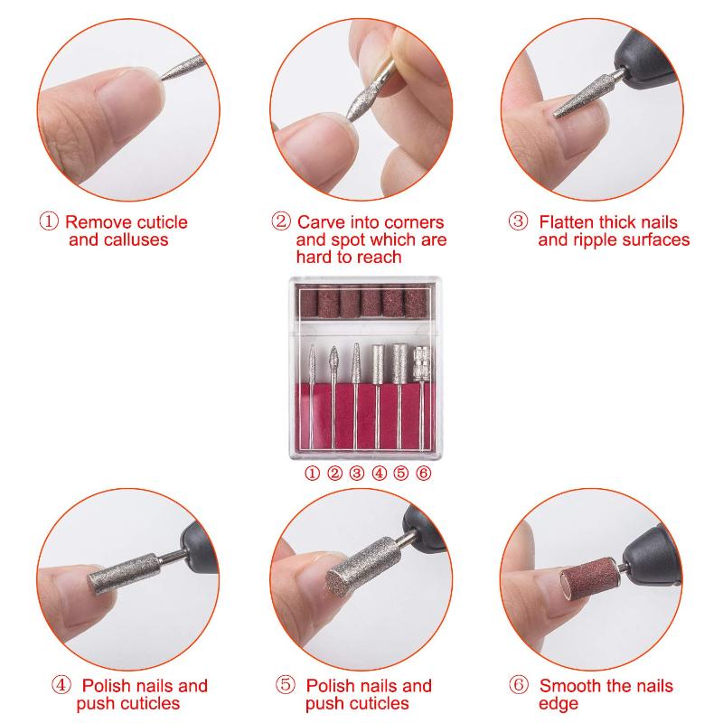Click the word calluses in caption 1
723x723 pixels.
(136, 240)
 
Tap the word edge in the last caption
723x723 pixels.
(559, 705)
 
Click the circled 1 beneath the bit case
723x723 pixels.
(312, 473)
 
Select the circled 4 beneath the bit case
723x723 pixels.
(379, 473)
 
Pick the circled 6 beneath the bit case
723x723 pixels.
(423, 473)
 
